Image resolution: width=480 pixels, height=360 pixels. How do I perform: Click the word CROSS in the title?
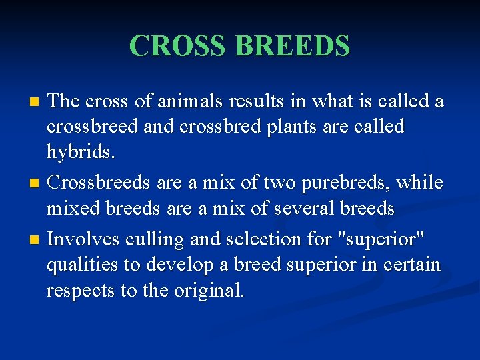[179, 46]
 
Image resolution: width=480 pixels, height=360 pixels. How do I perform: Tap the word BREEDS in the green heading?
[293, 46]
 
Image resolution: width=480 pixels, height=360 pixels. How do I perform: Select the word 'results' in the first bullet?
[258, 101]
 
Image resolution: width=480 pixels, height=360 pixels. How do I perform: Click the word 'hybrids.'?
[81, 153]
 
